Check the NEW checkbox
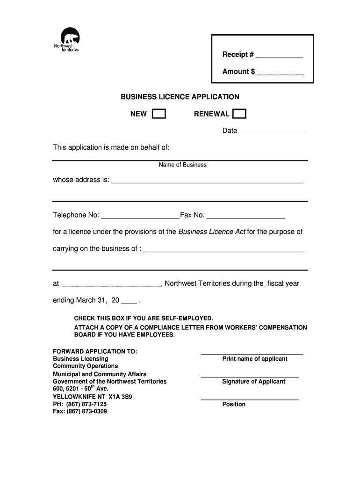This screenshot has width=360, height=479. (x=159, y=114)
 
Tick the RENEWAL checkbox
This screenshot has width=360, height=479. (x=239, y=114)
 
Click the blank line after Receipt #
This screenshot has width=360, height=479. (x=279, y=56)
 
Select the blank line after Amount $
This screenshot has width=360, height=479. (x=281, y=73)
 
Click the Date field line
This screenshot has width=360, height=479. (x=272, y=132)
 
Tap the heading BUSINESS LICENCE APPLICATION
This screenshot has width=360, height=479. (x=180, y=97)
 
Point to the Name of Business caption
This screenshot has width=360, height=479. (x=182, y=165)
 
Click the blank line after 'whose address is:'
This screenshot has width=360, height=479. (x=207, y=181)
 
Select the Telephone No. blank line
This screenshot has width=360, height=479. (x=140, y=216)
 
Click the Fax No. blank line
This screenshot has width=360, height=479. (x=245, y=216)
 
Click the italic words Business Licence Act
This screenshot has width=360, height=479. (x=212, y=232)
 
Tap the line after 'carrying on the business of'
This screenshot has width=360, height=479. (x=223, y=250)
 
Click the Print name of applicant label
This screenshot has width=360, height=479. (x=255, y=359)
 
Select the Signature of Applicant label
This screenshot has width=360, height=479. (x=253, y=382)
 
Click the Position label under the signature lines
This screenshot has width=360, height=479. (x=234, y=404)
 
